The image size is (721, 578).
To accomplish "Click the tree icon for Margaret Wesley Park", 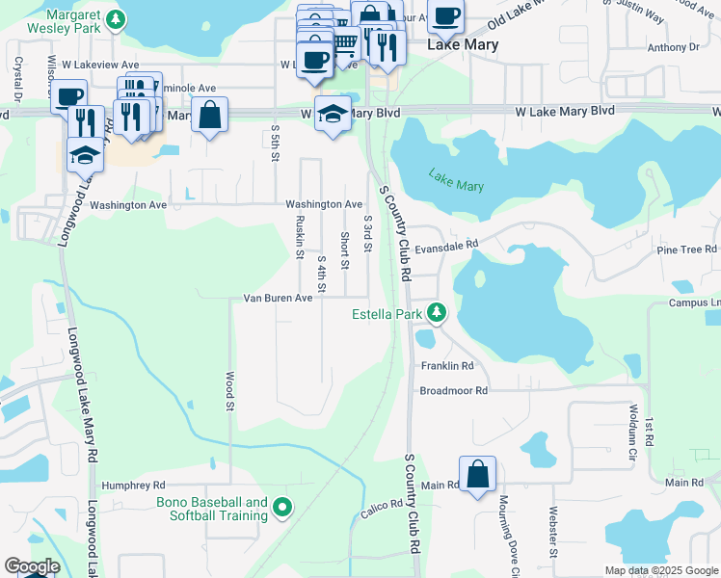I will [116, 18].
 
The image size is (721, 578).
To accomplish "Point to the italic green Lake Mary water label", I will [456, 180].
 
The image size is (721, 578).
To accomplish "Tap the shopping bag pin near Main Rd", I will [477, 475].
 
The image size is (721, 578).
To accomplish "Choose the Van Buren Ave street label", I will [278, 299].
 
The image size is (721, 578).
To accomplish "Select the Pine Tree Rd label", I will [686, 250].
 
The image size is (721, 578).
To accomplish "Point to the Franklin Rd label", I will [447, 366].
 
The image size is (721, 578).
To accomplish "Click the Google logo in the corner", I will [31, 565].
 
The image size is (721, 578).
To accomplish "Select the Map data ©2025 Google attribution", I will [660, 570].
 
